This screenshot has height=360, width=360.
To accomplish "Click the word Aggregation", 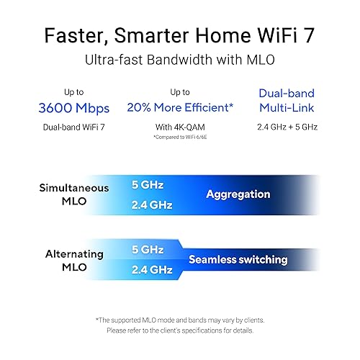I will point(238,194).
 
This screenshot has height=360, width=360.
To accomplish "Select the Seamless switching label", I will point(238,259).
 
